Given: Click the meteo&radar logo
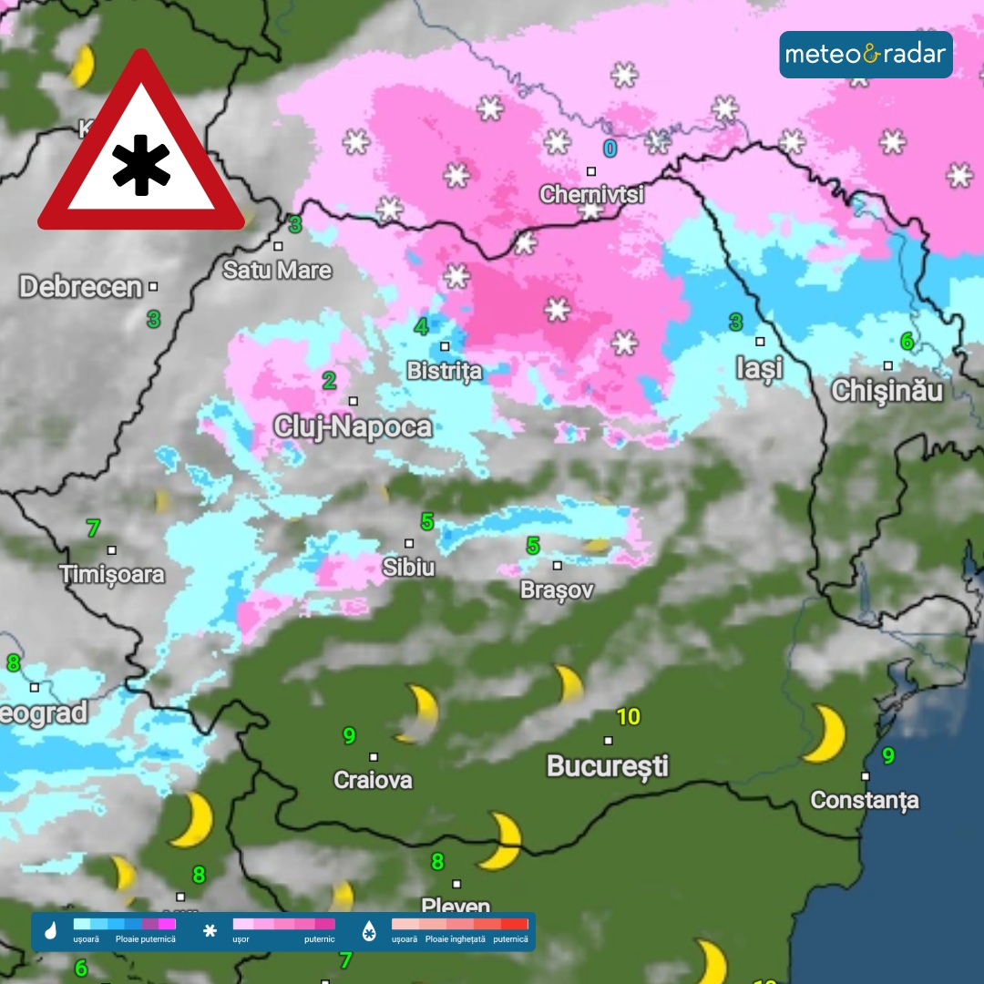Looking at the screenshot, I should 866,55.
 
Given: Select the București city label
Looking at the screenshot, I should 608,765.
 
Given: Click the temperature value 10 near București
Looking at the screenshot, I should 629,717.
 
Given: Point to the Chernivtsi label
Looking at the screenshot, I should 591,194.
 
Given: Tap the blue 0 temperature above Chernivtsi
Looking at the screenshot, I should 610,148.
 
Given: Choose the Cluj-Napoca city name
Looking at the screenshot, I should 353,426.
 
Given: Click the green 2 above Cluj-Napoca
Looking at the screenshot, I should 329,381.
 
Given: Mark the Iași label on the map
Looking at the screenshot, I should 759,368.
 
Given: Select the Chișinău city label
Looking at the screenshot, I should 887,391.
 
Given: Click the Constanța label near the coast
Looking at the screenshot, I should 865,800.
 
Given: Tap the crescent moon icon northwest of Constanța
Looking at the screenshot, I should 825,733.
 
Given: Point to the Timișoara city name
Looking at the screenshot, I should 112,574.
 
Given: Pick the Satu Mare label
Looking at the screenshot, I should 278,271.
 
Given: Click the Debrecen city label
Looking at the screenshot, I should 81,287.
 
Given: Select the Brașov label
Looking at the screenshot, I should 557,589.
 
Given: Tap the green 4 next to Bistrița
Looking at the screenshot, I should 421,326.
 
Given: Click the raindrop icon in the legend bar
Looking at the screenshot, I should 51,931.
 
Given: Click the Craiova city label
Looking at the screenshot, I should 373,780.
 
